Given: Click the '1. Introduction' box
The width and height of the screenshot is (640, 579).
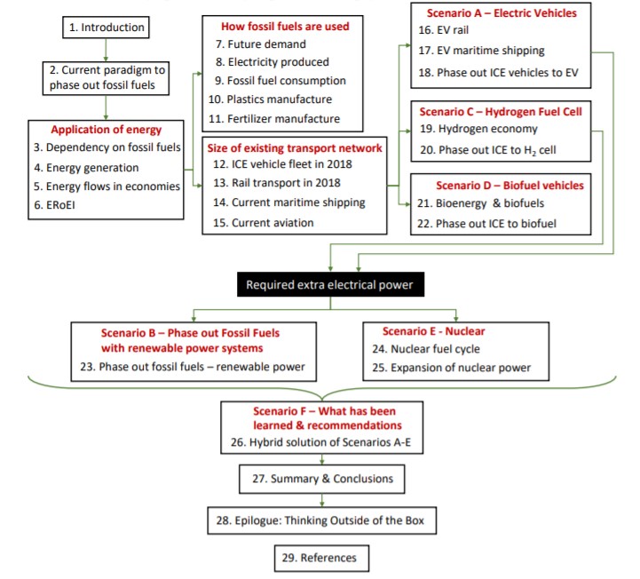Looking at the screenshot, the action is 107,28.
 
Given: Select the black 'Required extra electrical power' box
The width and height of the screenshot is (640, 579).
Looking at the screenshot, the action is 330,284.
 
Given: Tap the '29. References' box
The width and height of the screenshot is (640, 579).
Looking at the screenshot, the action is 321,558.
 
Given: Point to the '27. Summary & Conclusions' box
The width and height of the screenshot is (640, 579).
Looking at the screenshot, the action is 322,479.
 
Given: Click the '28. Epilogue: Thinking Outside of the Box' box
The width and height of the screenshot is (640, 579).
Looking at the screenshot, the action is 322,520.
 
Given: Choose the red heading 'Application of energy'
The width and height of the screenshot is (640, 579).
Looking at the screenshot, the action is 107,130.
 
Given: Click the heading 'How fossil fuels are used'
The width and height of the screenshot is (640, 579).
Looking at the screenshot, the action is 285,27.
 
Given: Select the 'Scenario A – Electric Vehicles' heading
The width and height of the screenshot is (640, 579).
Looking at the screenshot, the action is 502,13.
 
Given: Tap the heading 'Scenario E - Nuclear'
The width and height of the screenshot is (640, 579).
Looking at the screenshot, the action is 433,331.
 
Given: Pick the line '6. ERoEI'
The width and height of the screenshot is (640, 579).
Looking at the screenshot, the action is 54,205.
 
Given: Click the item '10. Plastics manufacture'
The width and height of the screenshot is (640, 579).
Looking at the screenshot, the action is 270,99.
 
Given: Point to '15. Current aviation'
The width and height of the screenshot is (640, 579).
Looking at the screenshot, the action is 264,223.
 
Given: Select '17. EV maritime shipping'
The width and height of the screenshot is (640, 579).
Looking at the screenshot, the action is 481,51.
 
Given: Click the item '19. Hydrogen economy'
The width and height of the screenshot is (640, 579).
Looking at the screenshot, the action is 478,129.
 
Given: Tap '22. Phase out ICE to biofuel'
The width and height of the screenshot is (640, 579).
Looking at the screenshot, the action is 486,224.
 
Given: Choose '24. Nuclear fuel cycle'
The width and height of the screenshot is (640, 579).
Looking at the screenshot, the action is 426,349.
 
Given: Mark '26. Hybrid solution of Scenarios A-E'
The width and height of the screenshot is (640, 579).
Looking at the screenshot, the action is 320,442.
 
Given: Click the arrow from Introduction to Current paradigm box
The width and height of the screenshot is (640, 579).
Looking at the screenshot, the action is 107,51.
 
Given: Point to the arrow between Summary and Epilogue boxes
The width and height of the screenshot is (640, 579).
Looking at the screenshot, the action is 322,500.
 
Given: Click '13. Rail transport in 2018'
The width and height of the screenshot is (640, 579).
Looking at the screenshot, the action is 277,183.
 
